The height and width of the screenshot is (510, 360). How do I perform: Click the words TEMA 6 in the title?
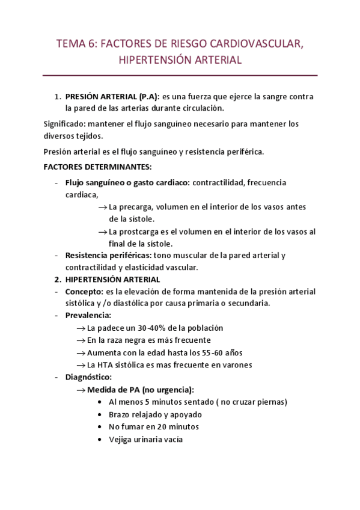(75, 43)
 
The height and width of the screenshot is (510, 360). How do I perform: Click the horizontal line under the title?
(180, 75)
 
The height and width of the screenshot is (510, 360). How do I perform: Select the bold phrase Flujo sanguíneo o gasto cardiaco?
(127, 182)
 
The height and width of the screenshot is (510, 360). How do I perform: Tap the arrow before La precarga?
(102, 207)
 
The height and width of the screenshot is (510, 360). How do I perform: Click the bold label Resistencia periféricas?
(108, 255)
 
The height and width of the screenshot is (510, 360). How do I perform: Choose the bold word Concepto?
(84, 292)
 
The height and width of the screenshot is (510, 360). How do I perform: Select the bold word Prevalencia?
(88, 316)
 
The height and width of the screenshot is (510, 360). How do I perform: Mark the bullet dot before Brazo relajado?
(99, 414)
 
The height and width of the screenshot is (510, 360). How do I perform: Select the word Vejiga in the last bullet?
(121, 439)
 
